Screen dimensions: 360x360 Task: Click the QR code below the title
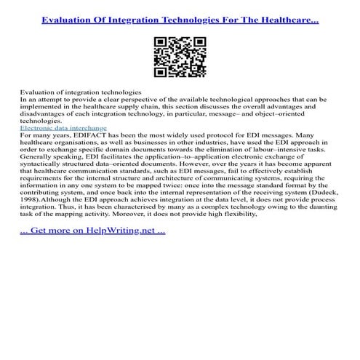click(x=180, y=56)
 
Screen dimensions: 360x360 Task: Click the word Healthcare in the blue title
click(x=289, y=15)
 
